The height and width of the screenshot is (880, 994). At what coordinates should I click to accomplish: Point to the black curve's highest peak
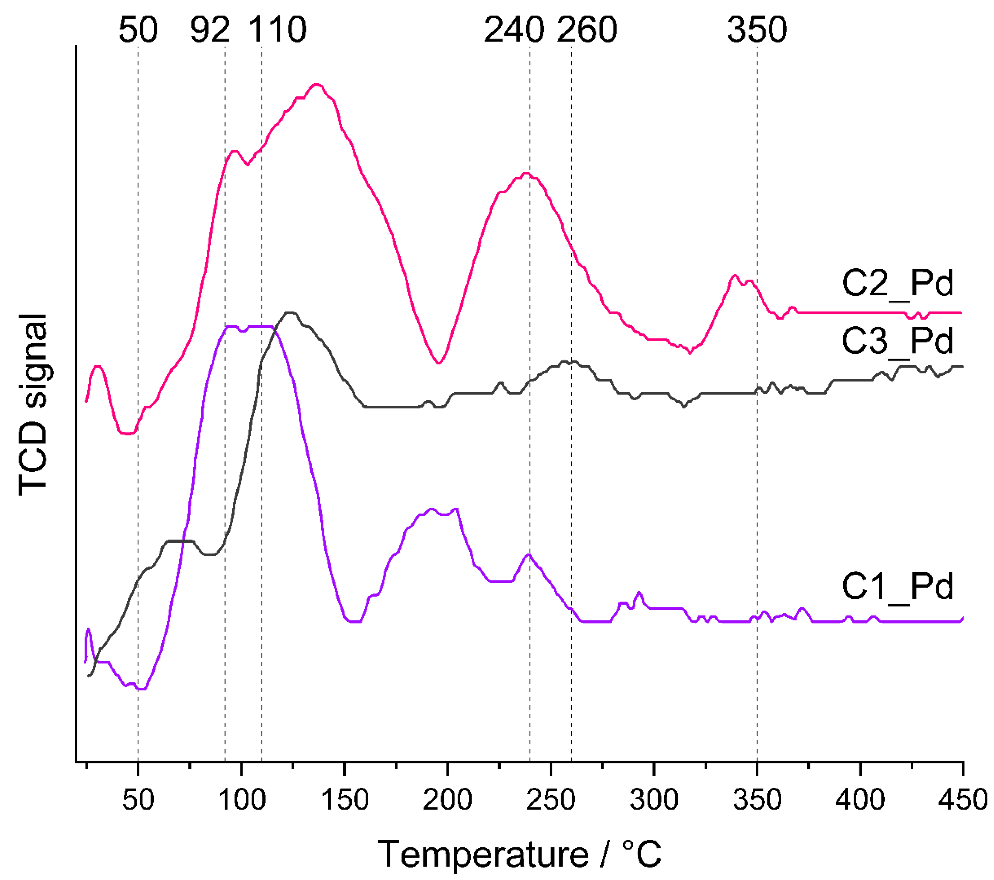(x=290, y=312)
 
